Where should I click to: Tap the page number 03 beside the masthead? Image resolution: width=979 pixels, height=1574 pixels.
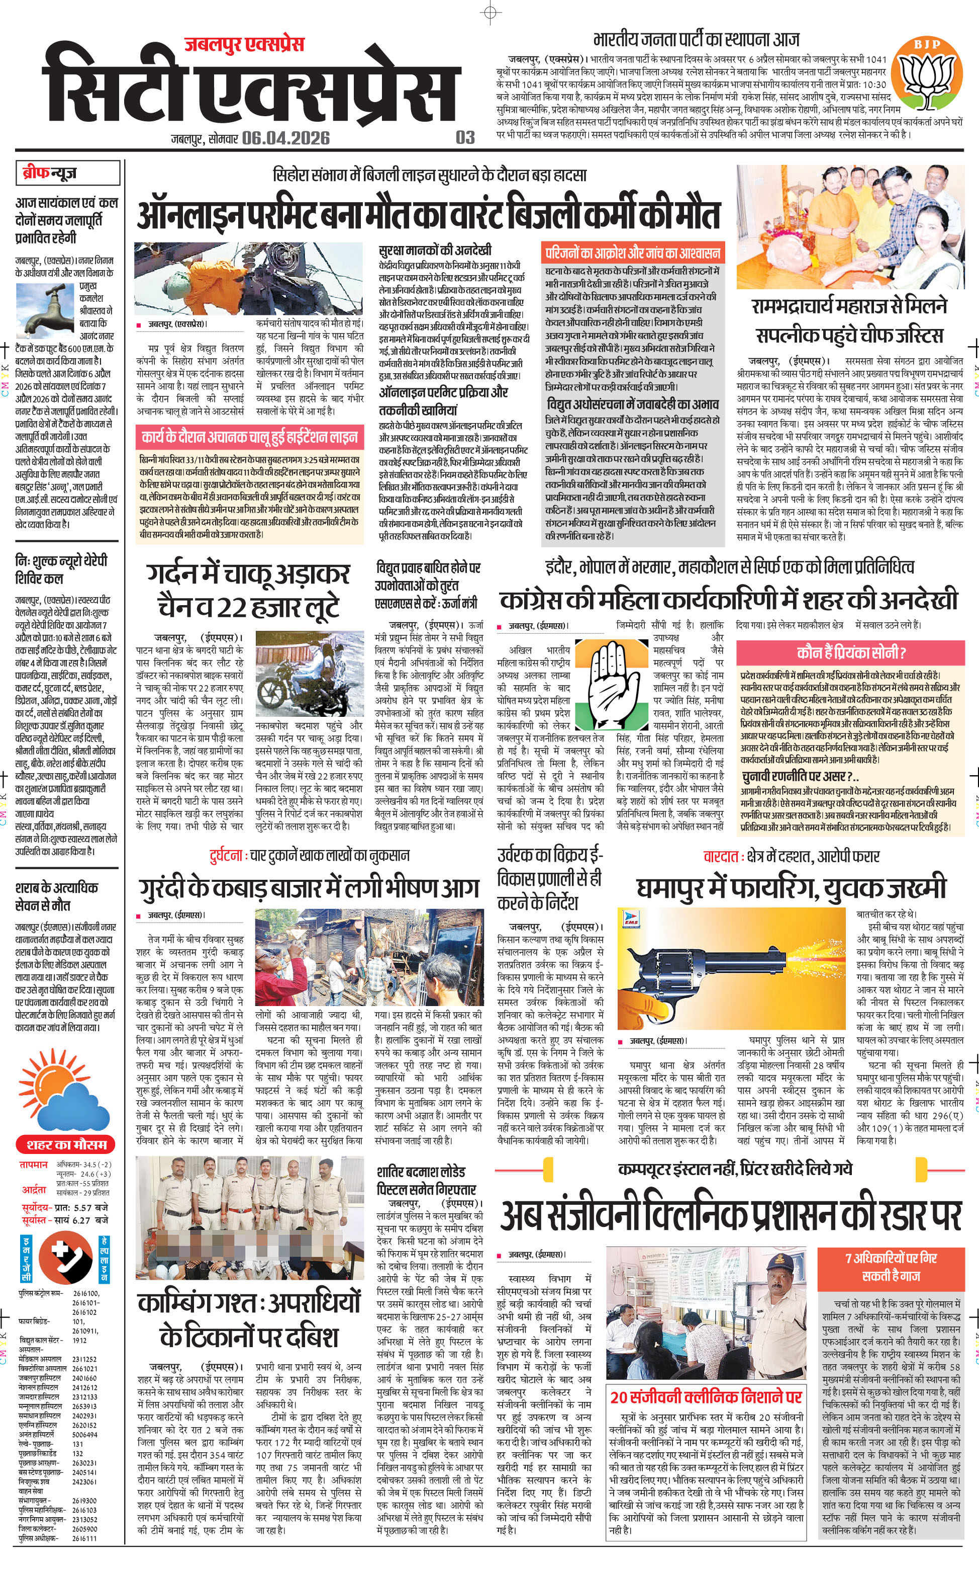point(465,137)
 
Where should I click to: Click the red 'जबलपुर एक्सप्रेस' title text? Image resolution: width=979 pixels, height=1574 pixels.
point(244,45)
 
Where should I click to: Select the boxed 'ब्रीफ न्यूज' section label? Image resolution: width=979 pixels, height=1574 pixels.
point(67,173)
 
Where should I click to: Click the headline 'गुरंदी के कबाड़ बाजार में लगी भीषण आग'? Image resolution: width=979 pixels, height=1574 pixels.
point(309,888)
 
